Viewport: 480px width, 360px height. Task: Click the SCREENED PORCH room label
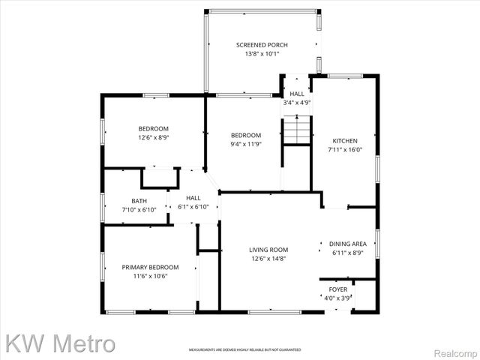pyautogui.click(x=262, y=45)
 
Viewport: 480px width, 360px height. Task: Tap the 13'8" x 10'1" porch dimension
pyautogui.click(x=262, y=54)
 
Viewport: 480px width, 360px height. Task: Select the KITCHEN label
pyautogui.click(x=346, y=140)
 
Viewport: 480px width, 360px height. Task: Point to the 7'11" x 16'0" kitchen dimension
pyautogui.click(x=346, y=149)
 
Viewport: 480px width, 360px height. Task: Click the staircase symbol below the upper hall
pyautogui.click(x=297, y=130)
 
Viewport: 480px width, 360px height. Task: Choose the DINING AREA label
pyautogui.click(x=348, y=244)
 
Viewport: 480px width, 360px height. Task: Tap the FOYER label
pyautogui.click(x=338, y=289)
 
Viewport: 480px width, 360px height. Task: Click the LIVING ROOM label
pyautogui.click(x=269, y=250)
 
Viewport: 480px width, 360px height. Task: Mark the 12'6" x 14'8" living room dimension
pyautogui.click(x=269, y=259)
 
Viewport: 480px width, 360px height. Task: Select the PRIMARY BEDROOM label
pyautogui.click(x=151, y=267)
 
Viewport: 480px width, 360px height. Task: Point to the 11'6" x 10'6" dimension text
pyautogui.click(x=151, y=276)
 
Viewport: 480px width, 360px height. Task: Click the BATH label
pyautogui.click(x=139, y=200)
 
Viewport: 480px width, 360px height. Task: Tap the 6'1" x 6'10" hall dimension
pyautogui.click(x=193, y=206)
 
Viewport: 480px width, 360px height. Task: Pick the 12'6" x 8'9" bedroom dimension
pyautogui.click(x=154, y=137)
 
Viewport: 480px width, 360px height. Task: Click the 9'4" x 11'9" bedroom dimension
pyautogui.click(x=246, y=143)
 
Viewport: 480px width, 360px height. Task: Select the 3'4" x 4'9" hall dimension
pyautogui.click(x=297, y=102)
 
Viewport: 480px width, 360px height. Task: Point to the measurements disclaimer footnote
pyautogui.click(x=244, y=349)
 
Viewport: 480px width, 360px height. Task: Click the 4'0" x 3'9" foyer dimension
pyautogui.click(x=338, y=297)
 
